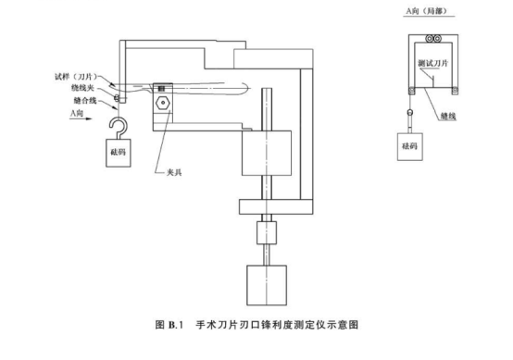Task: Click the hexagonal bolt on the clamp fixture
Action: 162,103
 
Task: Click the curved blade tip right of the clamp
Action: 238,92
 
